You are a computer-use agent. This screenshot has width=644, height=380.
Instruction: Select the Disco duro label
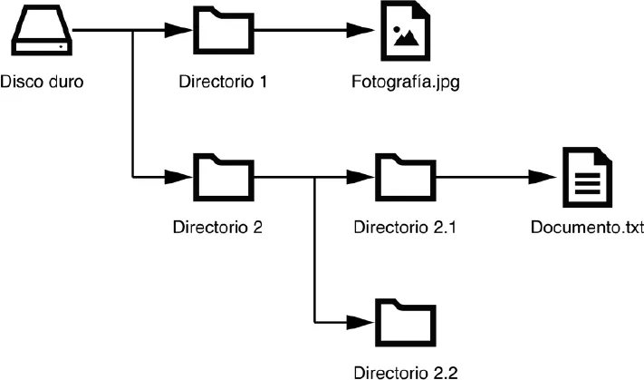click(x=42, y=83)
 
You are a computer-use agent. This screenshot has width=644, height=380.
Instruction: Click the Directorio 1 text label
click(x=223, y=83)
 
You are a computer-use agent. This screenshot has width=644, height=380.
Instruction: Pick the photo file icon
click(x=404, y=31)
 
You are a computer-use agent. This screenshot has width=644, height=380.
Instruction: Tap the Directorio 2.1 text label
click(x=404, y=226)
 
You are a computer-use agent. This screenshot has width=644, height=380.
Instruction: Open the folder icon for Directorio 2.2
click(x=404, y=320)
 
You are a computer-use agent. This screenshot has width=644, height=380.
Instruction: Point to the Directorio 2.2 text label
click(x=405, y=371)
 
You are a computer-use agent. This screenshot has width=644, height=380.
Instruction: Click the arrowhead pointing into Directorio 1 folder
click(x=182, y=32)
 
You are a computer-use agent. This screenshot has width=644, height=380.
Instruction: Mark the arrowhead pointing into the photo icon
click(x=364, y=32)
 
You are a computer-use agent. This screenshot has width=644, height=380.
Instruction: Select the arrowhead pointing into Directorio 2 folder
click(x=182, y=175)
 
